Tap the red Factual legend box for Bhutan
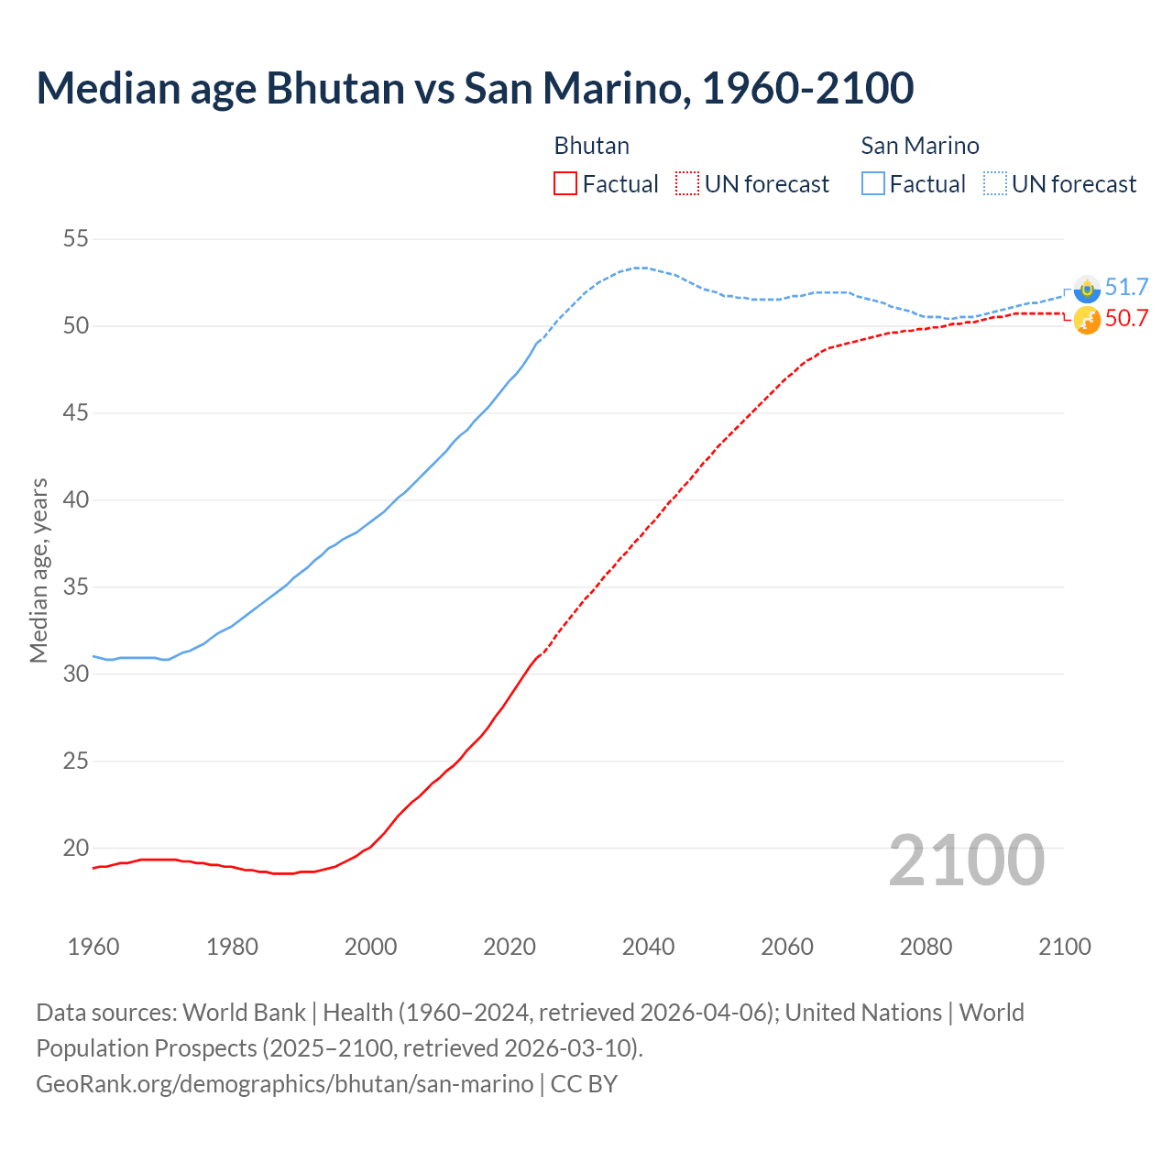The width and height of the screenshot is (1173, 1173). [x=565, y=184]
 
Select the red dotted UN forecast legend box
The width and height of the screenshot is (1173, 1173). [x=687, y=184]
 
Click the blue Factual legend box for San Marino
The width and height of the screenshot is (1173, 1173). [x=873, y=184]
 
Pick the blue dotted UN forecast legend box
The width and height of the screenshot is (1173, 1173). [x=995, y=184]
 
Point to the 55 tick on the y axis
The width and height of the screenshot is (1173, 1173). [x=75, y=239]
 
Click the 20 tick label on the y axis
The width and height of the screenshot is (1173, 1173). [x=75, y=848]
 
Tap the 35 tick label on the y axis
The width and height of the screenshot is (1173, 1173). [x=75, y=586]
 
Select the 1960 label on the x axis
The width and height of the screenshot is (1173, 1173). [x=93, y=947]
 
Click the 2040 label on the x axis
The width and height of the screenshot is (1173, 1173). [x=648, y=947]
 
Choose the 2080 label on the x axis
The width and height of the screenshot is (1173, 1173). [x=926, y=947]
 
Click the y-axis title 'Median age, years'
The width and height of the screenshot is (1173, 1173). [x=38, y=570]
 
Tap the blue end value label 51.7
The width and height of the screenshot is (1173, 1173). [x=1126, y=287]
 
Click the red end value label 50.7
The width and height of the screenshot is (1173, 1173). [x=1126, y=318]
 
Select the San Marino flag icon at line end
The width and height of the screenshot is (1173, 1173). [x=1087, y=289]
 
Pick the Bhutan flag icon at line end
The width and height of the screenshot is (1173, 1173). [x=1087, y=321]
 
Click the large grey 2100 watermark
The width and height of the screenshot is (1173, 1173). [x=966, y=860]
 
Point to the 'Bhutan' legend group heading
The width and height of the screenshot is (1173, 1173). [x=592, y=146]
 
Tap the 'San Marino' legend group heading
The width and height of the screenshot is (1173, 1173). [x=920, y=146]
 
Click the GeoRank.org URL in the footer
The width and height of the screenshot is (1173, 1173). [x=284, y=1083]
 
